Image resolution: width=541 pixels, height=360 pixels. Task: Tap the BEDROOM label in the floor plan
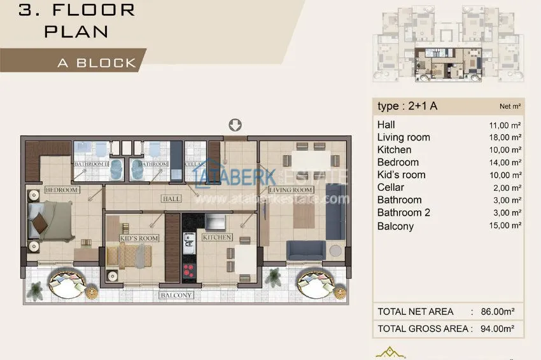(62, 190)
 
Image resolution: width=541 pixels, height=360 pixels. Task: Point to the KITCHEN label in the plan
(216, 237)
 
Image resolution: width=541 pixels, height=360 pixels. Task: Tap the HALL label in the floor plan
(171, 199)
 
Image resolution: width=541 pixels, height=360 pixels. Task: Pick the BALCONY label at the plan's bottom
(176, 295)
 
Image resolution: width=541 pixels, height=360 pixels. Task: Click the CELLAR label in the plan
(195, 164)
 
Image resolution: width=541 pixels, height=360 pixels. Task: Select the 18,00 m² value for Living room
(505, 137)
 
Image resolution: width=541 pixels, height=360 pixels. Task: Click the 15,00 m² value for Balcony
(505, 226)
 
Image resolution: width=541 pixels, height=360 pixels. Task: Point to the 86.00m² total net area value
(496, 312)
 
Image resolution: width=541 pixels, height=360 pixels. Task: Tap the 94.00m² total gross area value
(496, 329)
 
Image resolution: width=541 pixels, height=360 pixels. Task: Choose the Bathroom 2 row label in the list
(404, 212)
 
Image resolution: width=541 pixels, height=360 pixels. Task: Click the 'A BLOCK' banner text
(97, 63)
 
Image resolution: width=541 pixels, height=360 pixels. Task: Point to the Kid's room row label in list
(401, 175)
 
